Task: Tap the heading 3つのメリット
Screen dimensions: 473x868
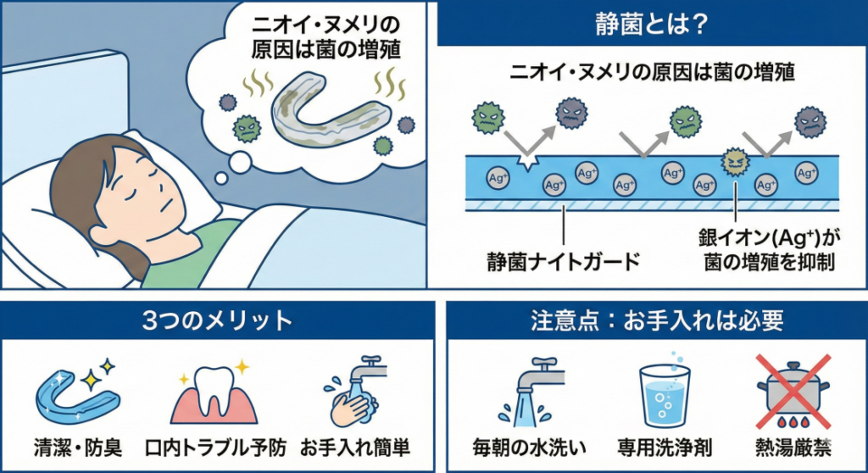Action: [219, 322]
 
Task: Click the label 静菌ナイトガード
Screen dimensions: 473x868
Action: [563, 259]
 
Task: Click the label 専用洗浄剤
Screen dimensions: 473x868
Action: [665, 446]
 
